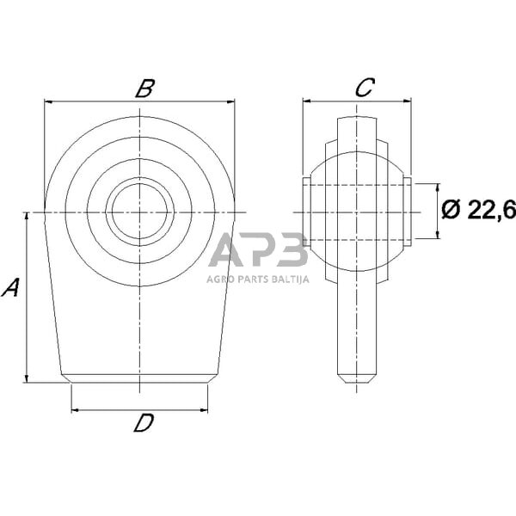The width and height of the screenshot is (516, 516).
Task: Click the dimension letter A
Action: coord(11,287)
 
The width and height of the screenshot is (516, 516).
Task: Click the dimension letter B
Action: coord(144,87)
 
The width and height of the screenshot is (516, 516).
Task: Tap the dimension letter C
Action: coord(364,87)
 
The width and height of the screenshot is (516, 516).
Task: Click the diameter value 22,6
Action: coord(491,209)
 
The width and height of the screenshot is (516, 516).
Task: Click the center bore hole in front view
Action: coord(139,211)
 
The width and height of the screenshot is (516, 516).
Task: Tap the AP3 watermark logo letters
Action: coord(257,252)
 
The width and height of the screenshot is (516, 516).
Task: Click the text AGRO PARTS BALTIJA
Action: coord(257,278)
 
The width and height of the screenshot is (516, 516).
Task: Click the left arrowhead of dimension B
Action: coord(48,101)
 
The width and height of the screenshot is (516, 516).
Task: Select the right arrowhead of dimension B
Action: coord(230,101)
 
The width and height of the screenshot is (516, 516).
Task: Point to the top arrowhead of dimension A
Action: coord(28,216)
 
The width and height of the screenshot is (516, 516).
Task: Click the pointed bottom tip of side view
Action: coord(357,380)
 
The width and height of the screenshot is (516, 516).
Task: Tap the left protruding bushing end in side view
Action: coord(306,212)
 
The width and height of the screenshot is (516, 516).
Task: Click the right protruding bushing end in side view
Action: coord(408,212)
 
